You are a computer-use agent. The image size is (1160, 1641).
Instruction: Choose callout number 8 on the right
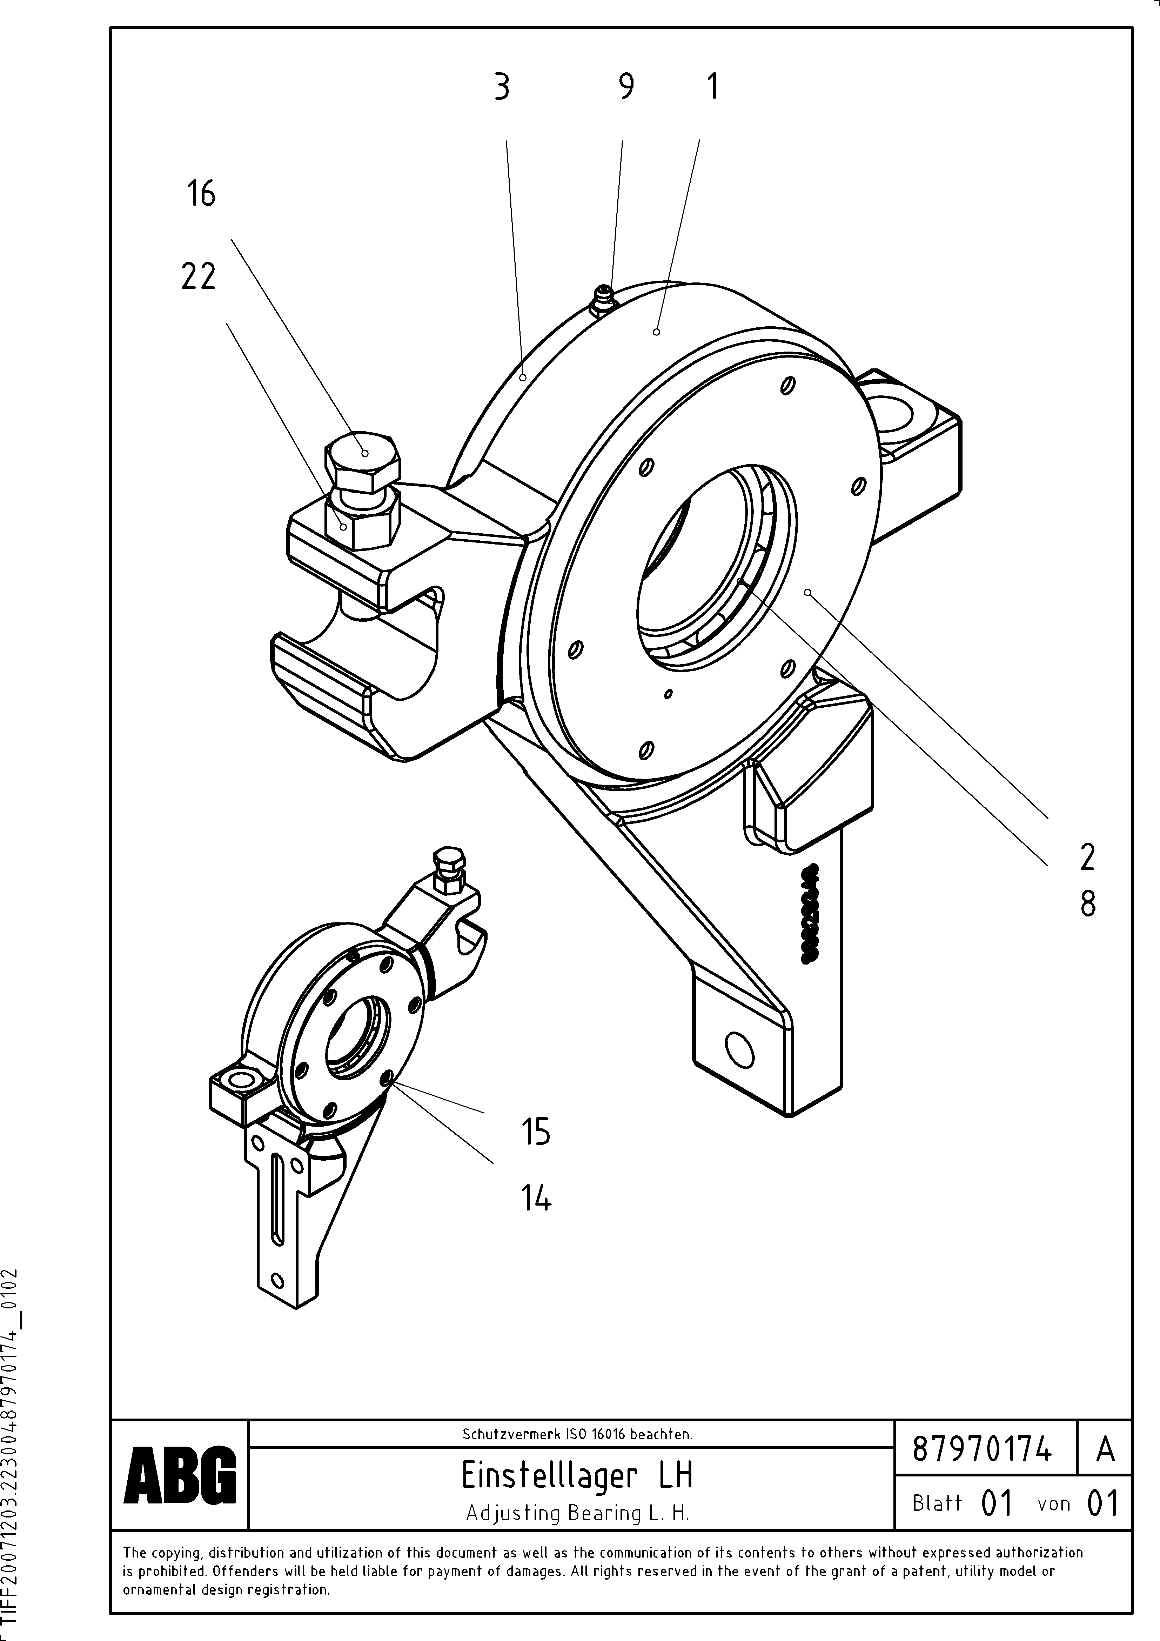click(x=1087, y=904)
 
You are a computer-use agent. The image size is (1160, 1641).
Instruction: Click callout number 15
click(x=535, y=1132)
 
